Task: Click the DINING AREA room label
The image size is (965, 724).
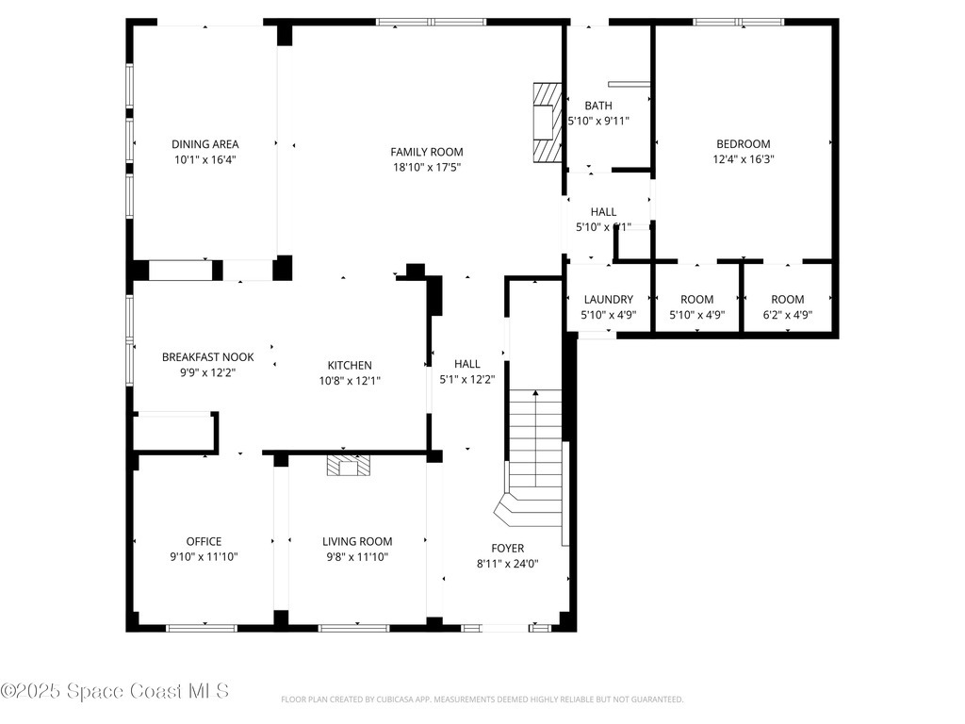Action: pyautogui.click(x=204, y=144)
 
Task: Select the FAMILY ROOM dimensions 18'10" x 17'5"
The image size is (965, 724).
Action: pyautogui.click(x=427, y=167)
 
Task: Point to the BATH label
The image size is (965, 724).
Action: pyautogui.click(x=597, y=106)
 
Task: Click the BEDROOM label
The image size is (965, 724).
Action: pyautogui.click(x=743, y=144)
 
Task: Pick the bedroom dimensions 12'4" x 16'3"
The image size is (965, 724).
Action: pyautogui.click(x=743, y=159)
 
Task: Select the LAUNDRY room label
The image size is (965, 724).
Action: pyautogui.click(x=608, y=300)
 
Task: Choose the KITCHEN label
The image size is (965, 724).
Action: pyautogui.click(x=350, y=365)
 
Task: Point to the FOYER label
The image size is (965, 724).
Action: pyautogui.click(x=507, y=548)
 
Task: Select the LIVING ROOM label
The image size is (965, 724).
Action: pyautogui.click(x=357, y=541)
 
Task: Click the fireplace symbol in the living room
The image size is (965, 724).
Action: pyautogui.click(x=349, y=465)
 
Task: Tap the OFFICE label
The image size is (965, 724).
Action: pyautogui.click(x=204, y=541)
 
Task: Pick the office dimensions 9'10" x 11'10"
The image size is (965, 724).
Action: pyautogui.click(x=204, y=556)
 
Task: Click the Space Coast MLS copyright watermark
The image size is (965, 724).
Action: pyautogui.click(x=114, y=691)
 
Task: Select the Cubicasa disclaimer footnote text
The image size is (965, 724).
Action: pyautogui.click(x=482, y=699)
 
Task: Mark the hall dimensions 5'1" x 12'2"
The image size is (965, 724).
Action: pyautogui.click(x=466, y=380)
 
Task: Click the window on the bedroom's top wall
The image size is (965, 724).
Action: pyautogui.click(x=739, y=22)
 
